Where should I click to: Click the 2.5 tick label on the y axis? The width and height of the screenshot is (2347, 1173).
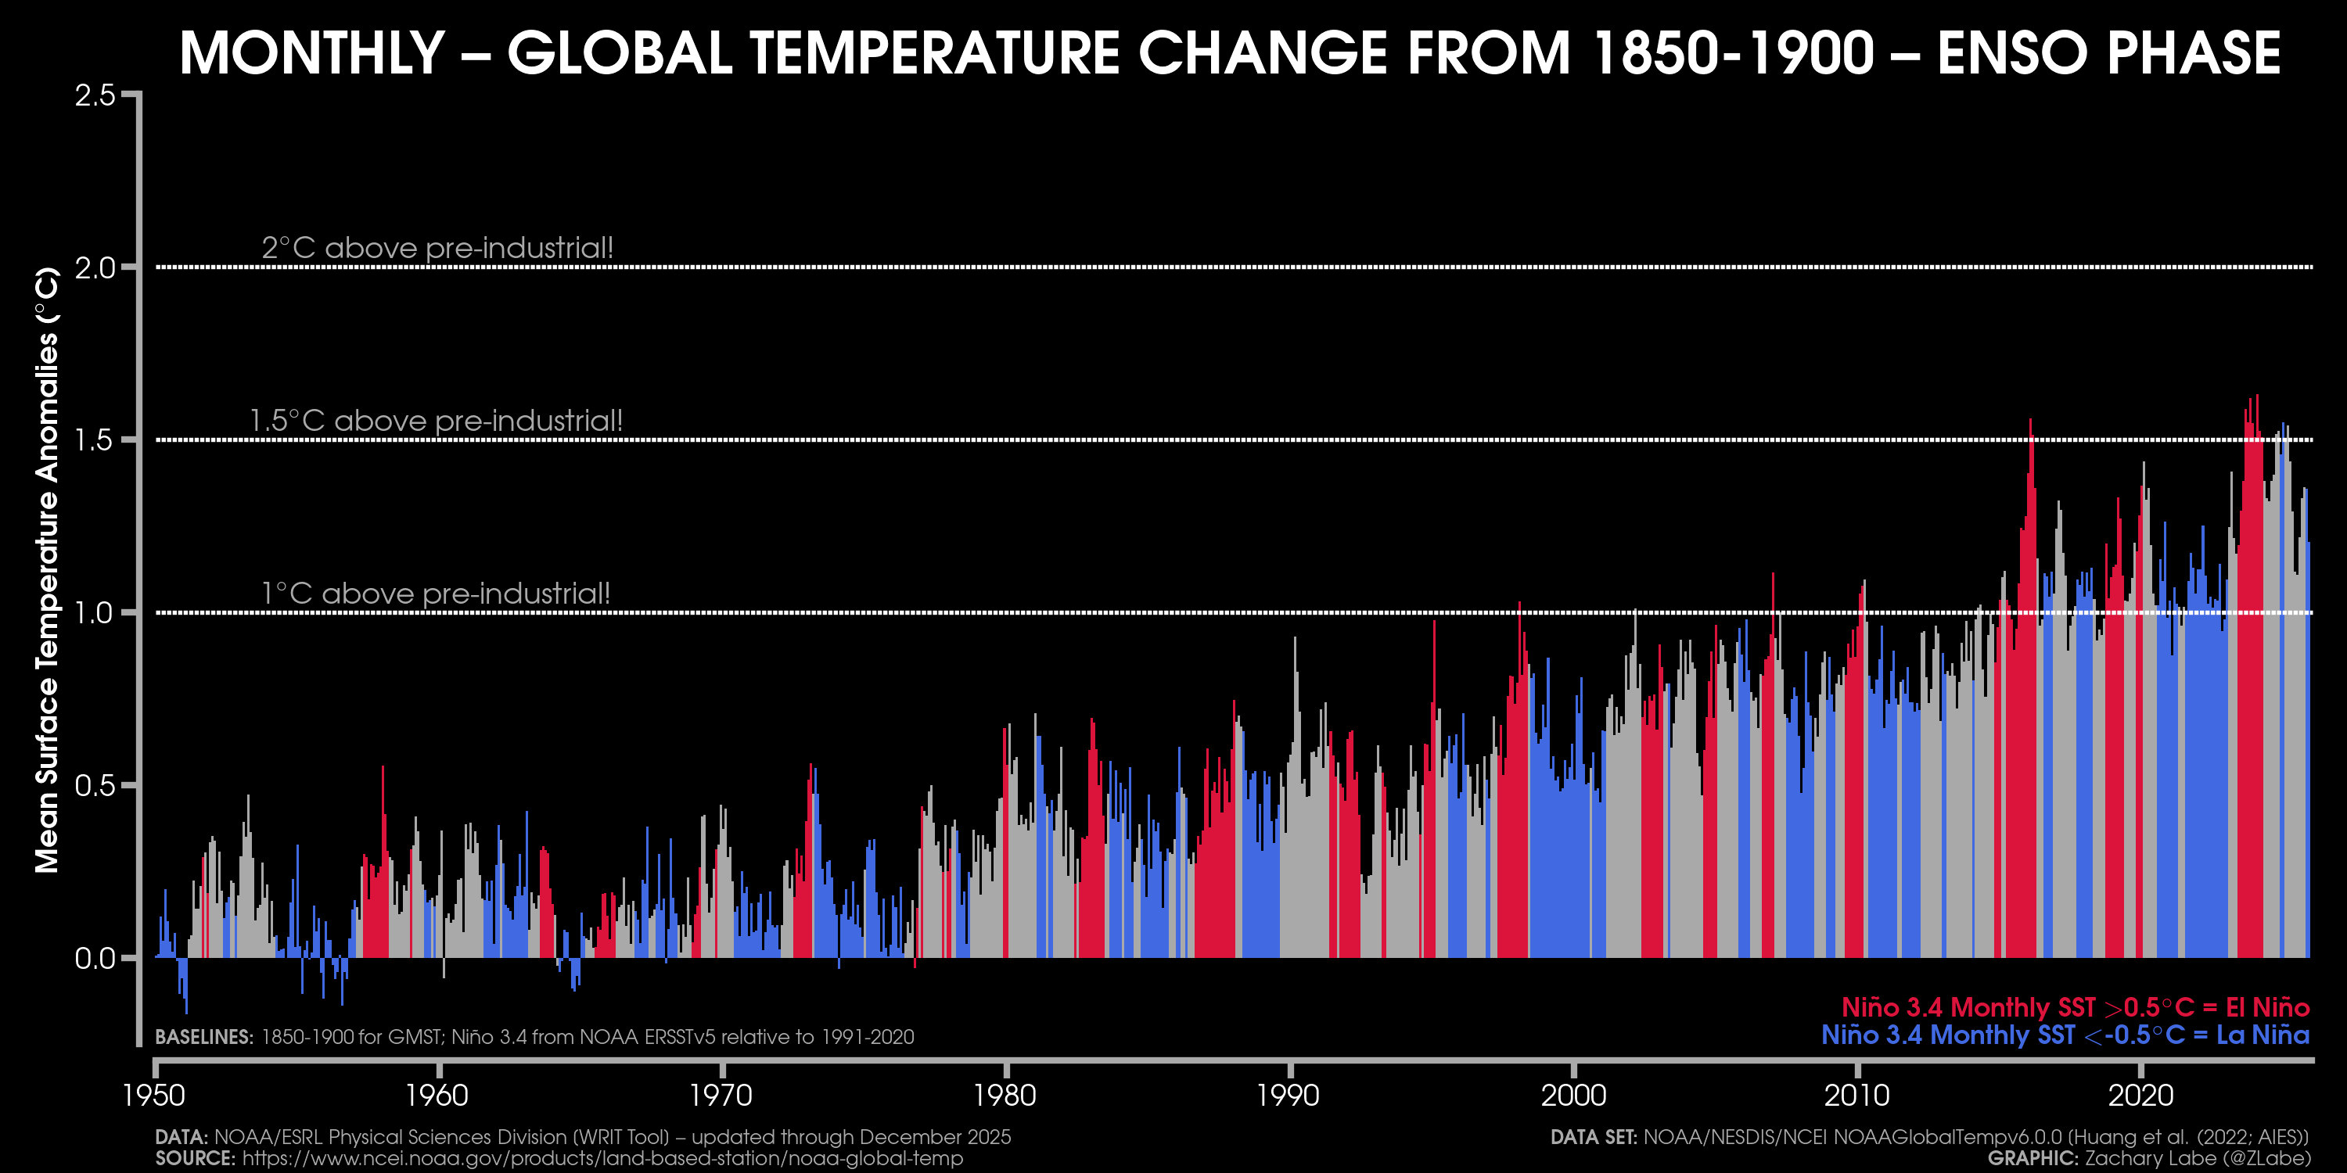[95, 95]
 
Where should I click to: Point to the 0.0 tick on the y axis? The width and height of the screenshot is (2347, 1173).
[95, 958]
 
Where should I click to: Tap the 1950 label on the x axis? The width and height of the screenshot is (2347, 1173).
[154, 1094]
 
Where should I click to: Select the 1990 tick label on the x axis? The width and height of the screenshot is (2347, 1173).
[1289, 1094]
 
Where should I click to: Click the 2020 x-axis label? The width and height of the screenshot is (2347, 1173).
[2140, 1094]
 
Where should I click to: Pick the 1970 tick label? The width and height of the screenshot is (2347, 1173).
[721, 1094]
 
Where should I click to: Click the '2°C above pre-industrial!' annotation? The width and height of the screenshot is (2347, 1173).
[437, 248]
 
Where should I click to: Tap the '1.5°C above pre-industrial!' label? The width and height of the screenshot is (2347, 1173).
[436, 421]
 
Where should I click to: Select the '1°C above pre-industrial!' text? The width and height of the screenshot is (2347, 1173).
[436, 594]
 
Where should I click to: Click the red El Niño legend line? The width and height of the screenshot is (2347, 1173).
[2075, 1007]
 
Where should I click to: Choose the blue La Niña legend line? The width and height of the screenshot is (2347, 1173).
[2065, 1035]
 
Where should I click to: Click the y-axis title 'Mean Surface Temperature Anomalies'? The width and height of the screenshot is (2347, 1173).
[48, 570]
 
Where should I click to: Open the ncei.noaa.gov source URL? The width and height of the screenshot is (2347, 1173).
[602, 1158]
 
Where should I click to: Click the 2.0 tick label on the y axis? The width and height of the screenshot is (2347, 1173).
[95, 267]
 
